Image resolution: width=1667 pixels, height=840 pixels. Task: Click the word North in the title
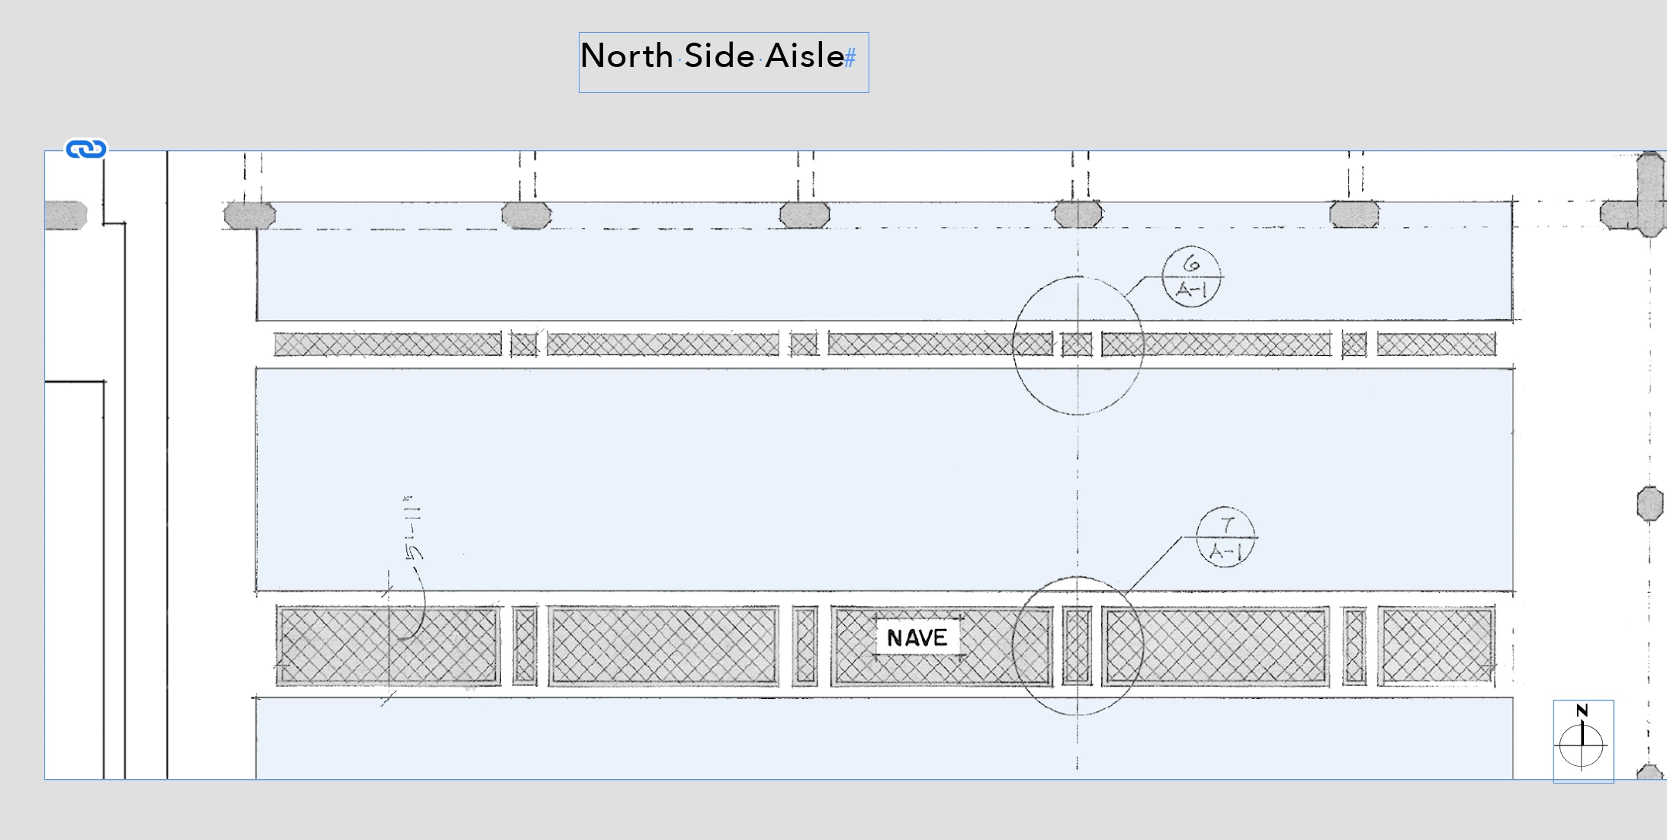[626, 56]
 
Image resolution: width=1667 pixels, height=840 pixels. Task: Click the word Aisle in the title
[804, 56]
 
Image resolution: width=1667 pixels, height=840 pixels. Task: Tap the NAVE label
[917, 637]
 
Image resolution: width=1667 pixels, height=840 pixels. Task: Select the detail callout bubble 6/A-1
[1191, 277]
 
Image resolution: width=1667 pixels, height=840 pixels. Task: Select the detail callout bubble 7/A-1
[1225, 537]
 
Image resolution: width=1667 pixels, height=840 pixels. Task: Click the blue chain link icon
[85, 149]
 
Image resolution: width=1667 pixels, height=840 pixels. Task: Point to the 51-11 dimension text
[413, 527]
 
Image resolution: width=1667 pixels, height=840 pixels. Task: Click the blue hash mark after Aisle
[850, 58]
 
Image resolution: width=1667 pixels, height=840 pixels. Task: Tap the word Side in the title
[719, 56]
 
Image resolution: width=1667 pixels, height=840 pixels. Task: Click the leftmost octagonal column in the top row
[249, 216]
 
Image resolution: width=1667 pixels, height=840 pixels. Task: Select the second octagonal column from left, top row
[526, 216]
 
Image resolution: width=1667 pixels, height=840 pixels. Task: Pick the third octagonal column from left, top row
[805, 216]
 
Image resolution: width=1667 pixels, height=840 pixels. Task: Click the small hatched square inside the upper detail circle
[1077, 345]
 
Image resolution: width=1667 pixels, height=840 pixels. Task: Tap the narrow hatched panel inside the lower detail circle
[1077, 646]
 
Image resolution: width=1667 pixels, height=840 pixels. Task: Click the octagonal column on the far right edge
[1649, 504]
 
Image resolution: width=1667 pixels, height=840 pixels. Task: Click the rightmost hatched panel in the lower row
[1437, 646]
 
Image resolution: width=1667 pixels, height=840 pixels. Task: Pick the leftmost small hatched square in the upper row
[524, 345]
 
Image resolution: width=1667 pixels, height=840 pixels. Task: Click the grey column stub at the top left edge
[66, 216]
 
